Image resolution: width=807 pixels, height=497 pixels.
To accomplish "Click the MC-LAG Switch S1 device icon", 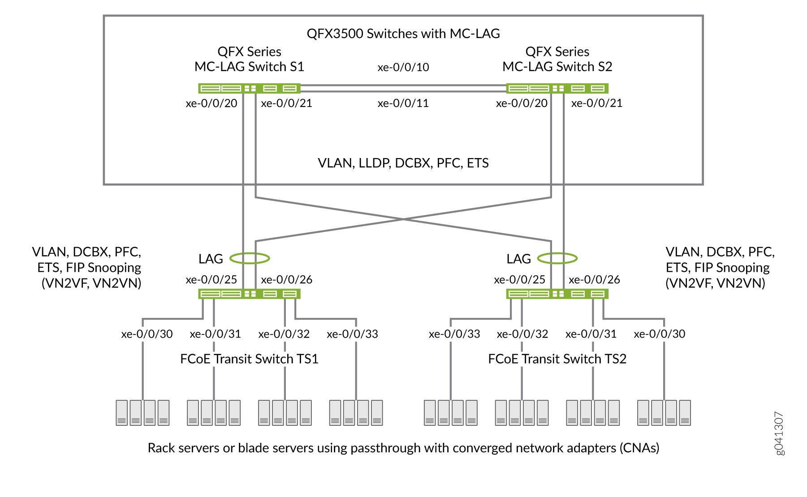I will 249,88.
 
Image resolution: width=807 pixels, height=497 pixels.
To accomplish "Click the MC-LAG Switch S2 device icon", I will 557,88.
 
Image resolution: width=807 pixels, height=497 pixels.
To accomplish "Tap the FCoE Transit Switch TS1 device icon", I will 249,294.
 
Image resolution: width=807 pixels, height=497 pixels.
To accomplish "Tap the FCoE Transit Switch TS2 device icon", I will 557,294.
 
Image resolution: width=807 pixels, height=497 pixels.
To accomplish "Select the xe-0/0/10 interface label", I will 403,67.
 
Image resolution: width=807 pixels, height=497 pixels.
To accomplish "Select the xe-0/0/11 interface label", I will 403,103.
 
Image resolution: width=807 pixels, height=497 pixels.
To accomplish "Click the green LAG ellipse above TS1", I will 250,258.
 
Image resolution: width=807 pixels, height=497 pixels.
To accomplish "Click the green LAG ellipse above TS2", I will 557,258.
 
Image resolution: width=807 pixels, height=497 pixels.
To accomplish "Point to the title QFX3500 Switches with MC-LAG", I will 403,34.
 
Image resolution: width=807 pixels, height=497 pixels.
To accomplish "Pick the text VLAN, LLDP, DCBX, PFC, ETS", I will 403,163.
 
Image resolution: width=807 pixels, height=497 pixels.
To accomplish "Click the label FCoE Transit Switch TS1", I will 249,359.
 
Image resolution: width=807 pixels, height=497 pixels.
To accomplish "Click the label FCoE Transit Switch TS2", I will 557,359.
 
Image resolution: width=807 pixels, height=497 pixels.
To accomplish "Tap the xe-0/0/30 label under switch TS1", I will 147,334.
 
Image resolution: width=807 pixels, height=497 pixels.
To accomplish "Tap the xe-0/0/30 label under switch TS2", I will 660,334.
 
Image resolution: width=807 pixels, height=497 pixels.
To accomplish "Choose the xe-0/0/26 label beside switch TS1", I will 287,280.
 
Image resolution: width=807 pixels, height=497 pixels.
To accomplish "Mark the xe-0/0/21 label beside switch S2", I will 597,103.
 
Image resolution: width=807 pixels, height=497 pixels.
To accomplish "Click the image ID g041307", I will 779,433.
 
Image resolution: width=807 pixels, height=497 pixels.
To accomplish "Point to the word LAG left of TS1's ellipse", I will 211,259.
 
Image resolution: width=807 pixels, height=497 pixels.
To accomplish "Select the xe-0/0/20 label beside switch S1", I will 211,103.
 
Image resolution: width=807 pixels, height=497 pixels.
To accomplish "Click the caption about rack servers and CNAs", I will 403,448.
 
